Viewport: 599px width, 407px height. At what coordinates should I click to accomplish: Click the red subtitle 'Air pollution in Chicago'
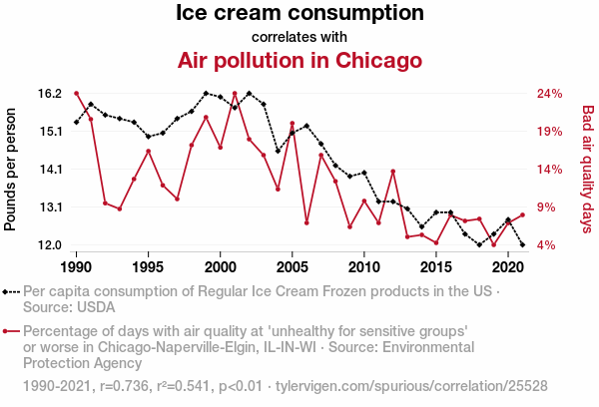click(x=299, y=60)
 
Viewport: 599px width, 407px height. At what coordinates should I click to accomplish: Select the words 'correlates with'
click(x=299, y=37)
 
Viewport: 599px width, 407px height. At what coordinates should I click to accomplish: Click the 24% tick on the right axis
click(x=550, y=94)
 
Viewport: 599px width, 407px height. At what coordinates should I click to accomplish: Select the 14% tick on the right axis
click(x=550, y=170)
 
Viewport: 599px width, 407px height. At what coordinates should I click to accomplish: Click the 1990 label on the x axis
click(x=77, y=267)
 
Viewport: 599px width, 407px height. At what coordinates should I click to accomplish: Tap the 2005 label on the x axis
click(x=292, y=267)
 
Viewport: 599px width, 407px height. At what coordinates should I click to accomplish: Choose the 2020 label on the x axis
click(x=507, y=267)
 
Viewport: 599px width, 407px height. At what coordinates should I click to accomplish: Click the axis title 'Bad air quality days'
click(x=588, y=170)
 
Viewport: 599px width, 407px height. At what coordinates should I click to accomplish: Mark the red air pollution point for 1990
click(x=77, y=94)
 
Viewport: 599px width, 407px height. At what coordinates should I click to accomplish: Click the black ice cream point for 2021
click(x=522, y=244)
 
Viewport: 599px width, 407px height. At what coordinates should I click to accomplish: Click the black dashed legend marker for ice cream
click(x=11, y=292)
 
